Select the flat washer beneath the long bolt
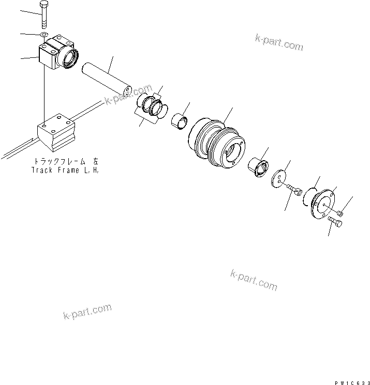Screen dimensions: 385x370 coord(44,35)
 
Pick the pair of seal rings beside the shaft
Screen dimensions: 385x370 coord(154,105)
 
